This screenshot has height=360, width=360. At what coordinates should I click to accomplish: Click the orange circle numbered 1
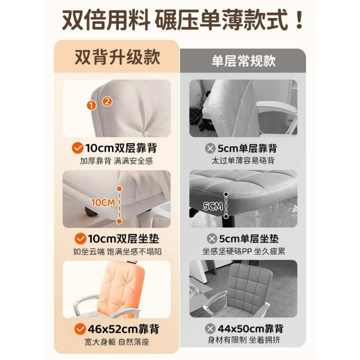click(x=92, y=106)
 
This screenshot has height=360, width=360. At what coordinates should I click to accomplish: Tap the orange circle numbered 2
click(x=107, y=101)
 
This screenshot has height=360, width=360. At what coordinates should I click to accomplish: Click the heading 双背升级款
click(x=117, y=57)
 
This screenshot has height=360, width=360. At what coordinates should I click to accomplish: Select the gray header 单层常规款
click(x=243, y=61)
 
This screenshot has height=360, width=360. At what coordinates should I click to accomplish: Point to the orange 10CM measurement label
click(x=103, y=202)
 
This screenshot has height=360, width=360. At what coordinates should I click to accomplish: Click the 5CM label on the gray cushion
click(x=213, y=206)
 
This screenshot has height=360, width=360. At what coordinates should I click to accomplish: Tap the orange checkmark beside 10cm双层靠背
click(x=78, y=148)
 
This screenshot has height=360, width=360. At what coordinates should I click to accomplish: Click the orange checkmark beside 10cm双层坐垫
click(x=80, y=238)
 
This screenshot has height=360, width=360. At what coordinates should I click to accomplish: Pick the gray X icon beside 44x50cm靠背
click(x=208, y=328)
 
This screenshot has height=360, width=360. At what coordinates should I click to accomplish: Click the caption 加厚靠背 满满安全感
click(x=117, y=161)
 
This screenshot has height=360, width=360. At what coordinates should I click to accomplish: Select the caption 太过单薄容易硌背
click(x=243, y=161)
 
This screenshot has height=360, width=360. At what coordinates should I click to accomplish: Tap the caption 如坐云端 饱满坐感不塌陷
click(x=117, y=251)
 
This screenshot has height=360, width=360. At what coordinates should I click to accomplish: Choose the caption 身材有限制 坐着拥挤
click(x=243, y=341)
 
